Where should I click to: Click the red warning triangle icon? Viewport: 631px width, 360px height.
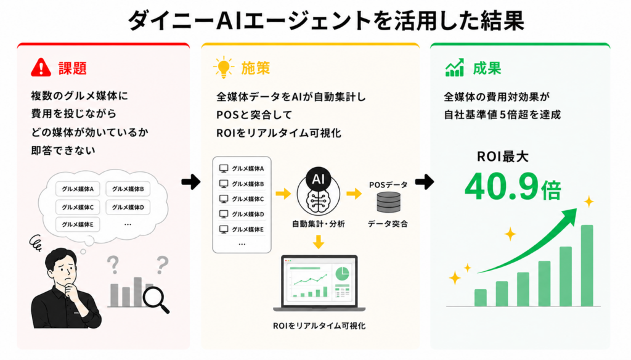[41, 68]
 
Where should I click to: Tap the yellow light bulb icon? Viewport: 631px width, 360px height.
[224, 68]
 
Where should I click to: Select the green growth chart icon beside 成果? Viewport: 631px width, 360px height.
[455, 68]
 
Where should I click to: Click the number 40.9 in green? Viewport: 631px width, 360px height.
[502, 186]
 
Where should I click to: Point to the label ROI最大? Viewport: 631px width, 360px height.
[503, 156]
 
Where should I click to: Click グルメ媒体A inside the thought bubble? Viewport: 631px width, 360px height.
[78, 189]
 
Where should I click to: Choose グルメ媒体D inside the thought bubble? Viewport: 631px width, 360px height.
[128, 207]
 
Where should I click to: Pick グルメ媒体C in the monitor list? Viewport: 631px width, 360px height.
[248, 199]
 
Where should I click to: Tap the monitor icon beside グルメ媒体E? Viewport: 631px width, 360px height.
[224, 229]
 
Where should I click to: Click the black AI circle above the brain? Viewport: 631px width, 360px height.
[319, 179]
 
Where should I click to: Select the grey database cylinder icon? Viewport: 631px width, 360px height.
[389, 202]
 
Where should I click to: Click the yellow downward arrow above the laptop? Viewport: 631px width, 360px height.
[319, 242]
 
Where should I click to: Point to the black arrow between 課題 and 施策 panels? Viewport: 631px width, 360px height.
[191, 182]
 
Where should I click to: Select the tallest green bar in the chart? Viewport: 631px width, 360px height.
[587, 265]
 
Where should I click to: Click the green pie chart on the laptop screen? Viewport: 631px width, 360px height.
[343, 274]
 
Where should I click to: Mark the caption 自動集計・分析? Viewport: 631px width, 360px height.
[319, 224]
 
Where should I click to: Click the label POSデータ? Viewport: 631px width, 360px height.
[388, 184]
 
